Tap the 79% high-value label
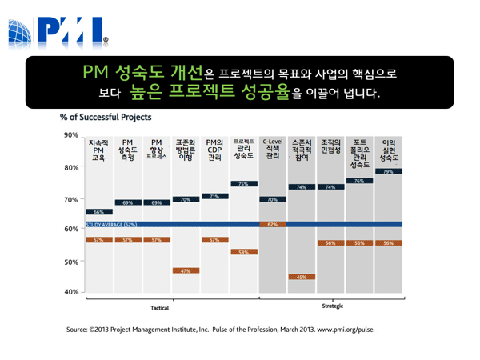point(388,172)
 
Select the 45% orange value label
point(302,277)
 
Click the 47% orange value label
point(186,271)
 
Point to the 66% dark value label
point(98,212)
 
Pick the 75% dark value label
point(243,184)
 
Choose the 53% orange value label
point(243,252)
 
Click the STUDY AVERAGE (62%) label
point(112,225)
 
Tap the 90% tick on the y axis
point(71,134)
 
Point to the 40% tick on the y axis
point(71,292)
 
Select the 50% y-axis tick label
point(71,261)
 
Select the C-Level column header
point(272,147)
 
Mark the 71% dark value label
point(214,196)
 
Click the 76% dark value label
point(359,182)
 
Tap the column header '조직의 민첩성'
point(330,146)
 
